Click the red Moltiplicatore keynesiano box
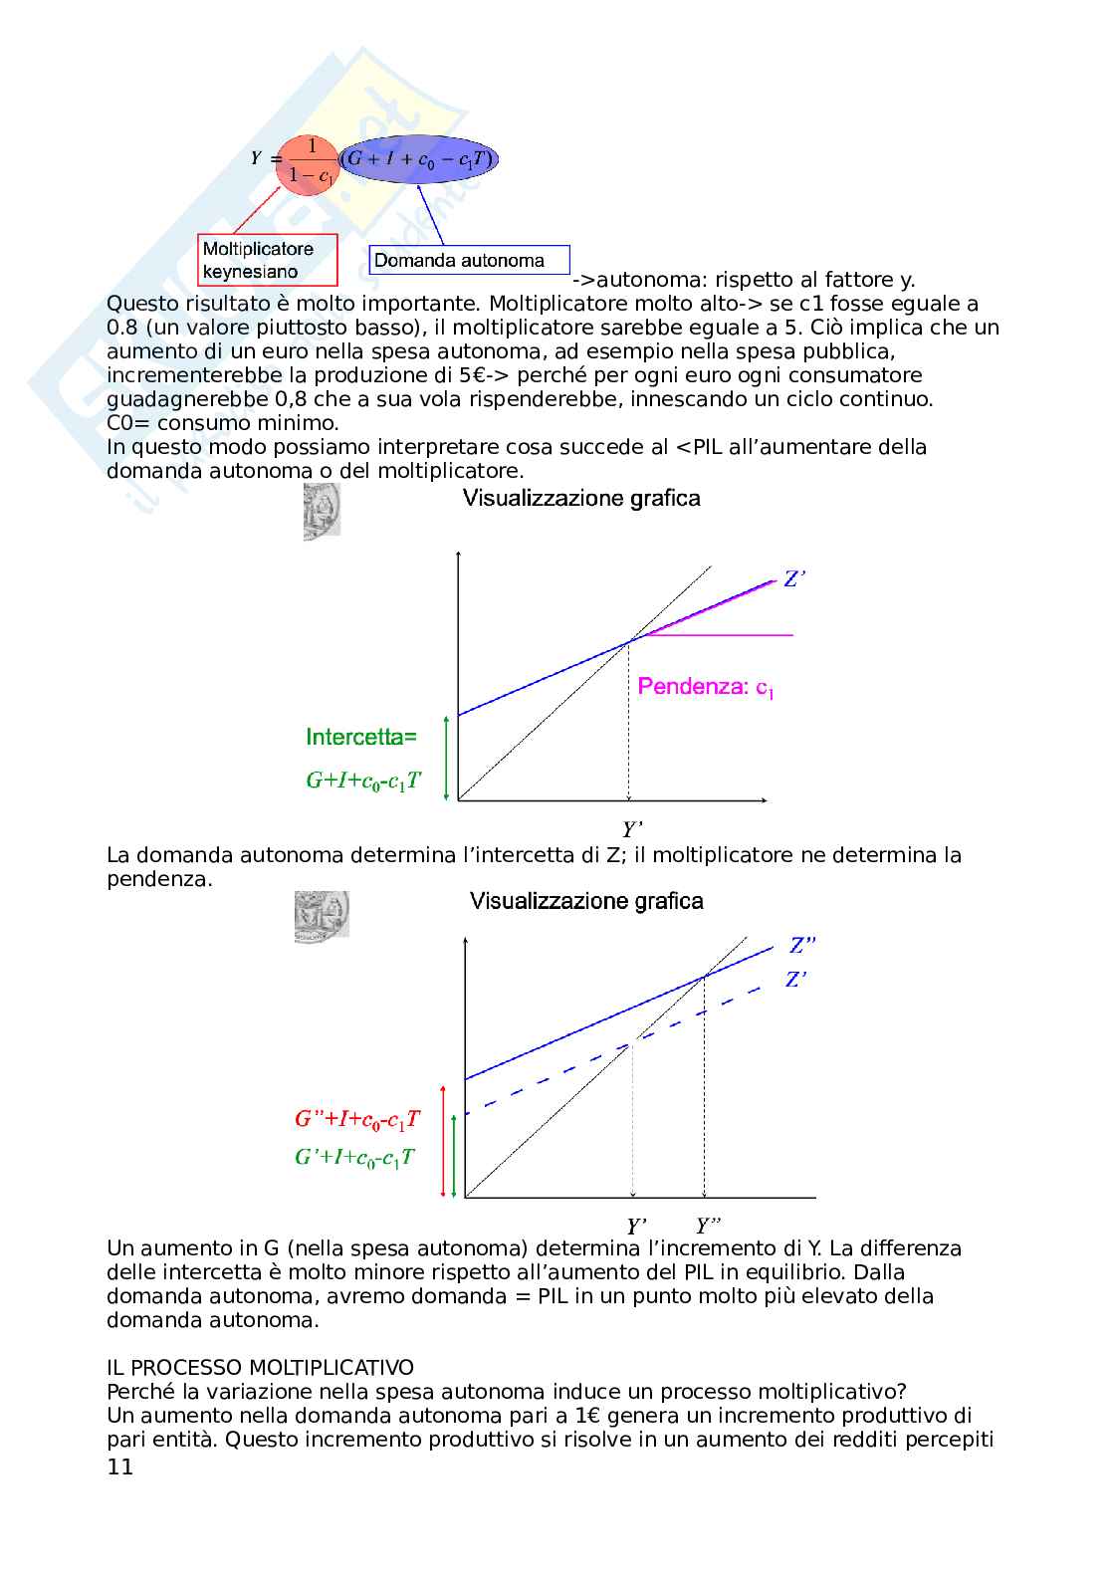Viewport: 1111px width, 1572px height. click(267, 260)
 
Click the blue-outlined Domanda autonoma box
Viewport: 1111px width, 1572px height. click(469, 261)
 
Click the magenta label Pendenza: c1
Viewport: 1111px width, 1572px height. click(706, 687)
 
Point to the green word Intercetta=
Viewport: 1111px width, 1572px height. click(361, 738)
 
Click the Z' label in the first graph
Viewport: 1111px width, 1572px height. click(793, 578)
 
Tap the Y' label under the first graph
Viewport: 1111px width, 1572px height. click(631, 828)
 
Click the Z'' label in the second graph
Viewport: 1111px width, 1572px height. click(803, 946)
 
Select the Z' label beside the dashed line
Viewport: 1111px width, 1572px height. click(795, 980)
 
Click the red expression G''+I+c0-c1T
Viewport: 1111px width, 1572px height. click(357, 1120)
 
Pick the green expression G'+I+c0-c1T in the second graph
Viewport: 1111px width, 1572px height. click(354, 1158)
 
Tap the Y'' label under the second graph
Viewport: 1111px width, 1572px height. click(709, 1226)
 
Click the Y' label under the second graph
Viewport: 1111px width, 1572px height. click(637, 1227)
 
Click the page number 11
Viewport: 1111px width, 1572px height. click(119, 1467)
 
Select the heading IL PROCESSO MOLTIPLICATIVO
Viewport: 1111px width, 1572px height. click(260, 1368)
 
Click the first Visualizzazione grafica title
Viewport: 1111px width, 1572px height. click(581, 499)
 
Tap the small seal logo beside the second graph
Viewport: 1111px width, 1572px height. click(322, 917)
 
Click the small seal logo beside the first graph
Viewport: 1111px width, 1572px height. click(322, 512)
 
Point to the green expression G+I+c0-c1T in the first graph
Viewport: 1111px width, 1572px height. click(363, 782)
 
